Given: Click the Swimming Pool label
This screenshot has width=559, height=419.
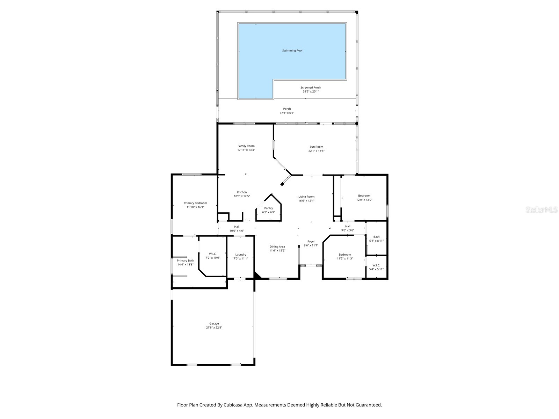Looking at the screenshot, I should click(292, 51).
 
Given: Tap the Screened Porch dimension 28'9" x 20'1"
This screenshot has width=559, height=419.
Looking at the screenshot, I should click(311, 91).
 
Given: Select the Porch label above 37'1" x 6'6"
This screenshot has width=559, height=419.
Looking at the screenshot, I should click(287, 109).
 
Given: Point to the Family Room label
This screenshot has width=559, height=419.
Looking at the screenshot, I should click(246, 146).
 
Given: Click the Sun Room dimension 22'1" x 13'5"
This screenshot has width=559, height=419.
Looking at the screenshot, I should click(316, 151).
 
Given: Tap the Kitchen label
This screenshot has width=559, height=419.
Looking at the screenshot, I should click(242, 192).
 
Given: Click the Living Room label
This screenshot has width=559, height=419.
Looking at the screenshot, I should click(306, 197).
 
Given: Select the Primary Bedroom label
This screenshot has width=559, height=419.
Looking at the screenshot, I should click(195, 203).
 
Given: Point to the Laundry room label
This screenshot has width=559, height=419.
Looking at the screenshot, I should click(240, 255).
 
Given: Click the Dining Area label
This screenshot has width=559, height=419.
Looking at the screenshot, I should click(277, 247).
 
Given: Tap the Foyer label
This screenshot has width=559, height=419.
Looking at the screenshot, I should click(311, 241).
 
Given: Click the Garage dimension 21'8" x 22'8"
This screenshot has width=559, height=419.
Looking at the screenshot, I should click(214, 328).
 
